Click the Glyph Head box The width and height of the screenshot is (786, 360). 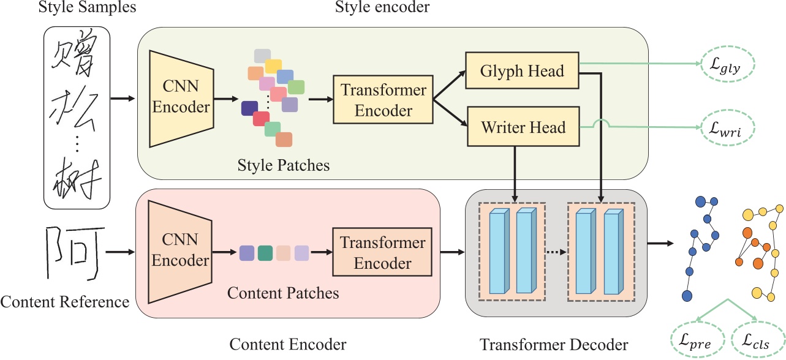point(522,71)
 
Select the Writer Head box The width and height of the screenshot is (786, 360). point(522,128)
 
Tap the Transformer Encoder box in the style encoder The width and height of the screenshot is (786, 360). point(383,100)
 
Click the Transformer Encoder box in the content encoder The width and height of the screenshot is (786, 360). point(383,253)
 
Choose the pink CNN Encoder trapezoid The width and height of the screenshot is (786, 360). point(180,252)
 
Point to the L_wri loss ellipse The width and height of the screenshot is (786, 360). point(728,129)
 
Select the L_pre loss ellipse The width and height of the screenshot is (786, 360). point(699,341)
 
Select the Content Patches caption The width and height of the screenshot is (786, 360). point(283,293)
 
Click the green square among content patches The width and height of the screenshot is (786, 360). point(265,252)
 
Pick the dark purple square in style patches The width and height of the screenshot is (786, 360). point(249,108)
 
